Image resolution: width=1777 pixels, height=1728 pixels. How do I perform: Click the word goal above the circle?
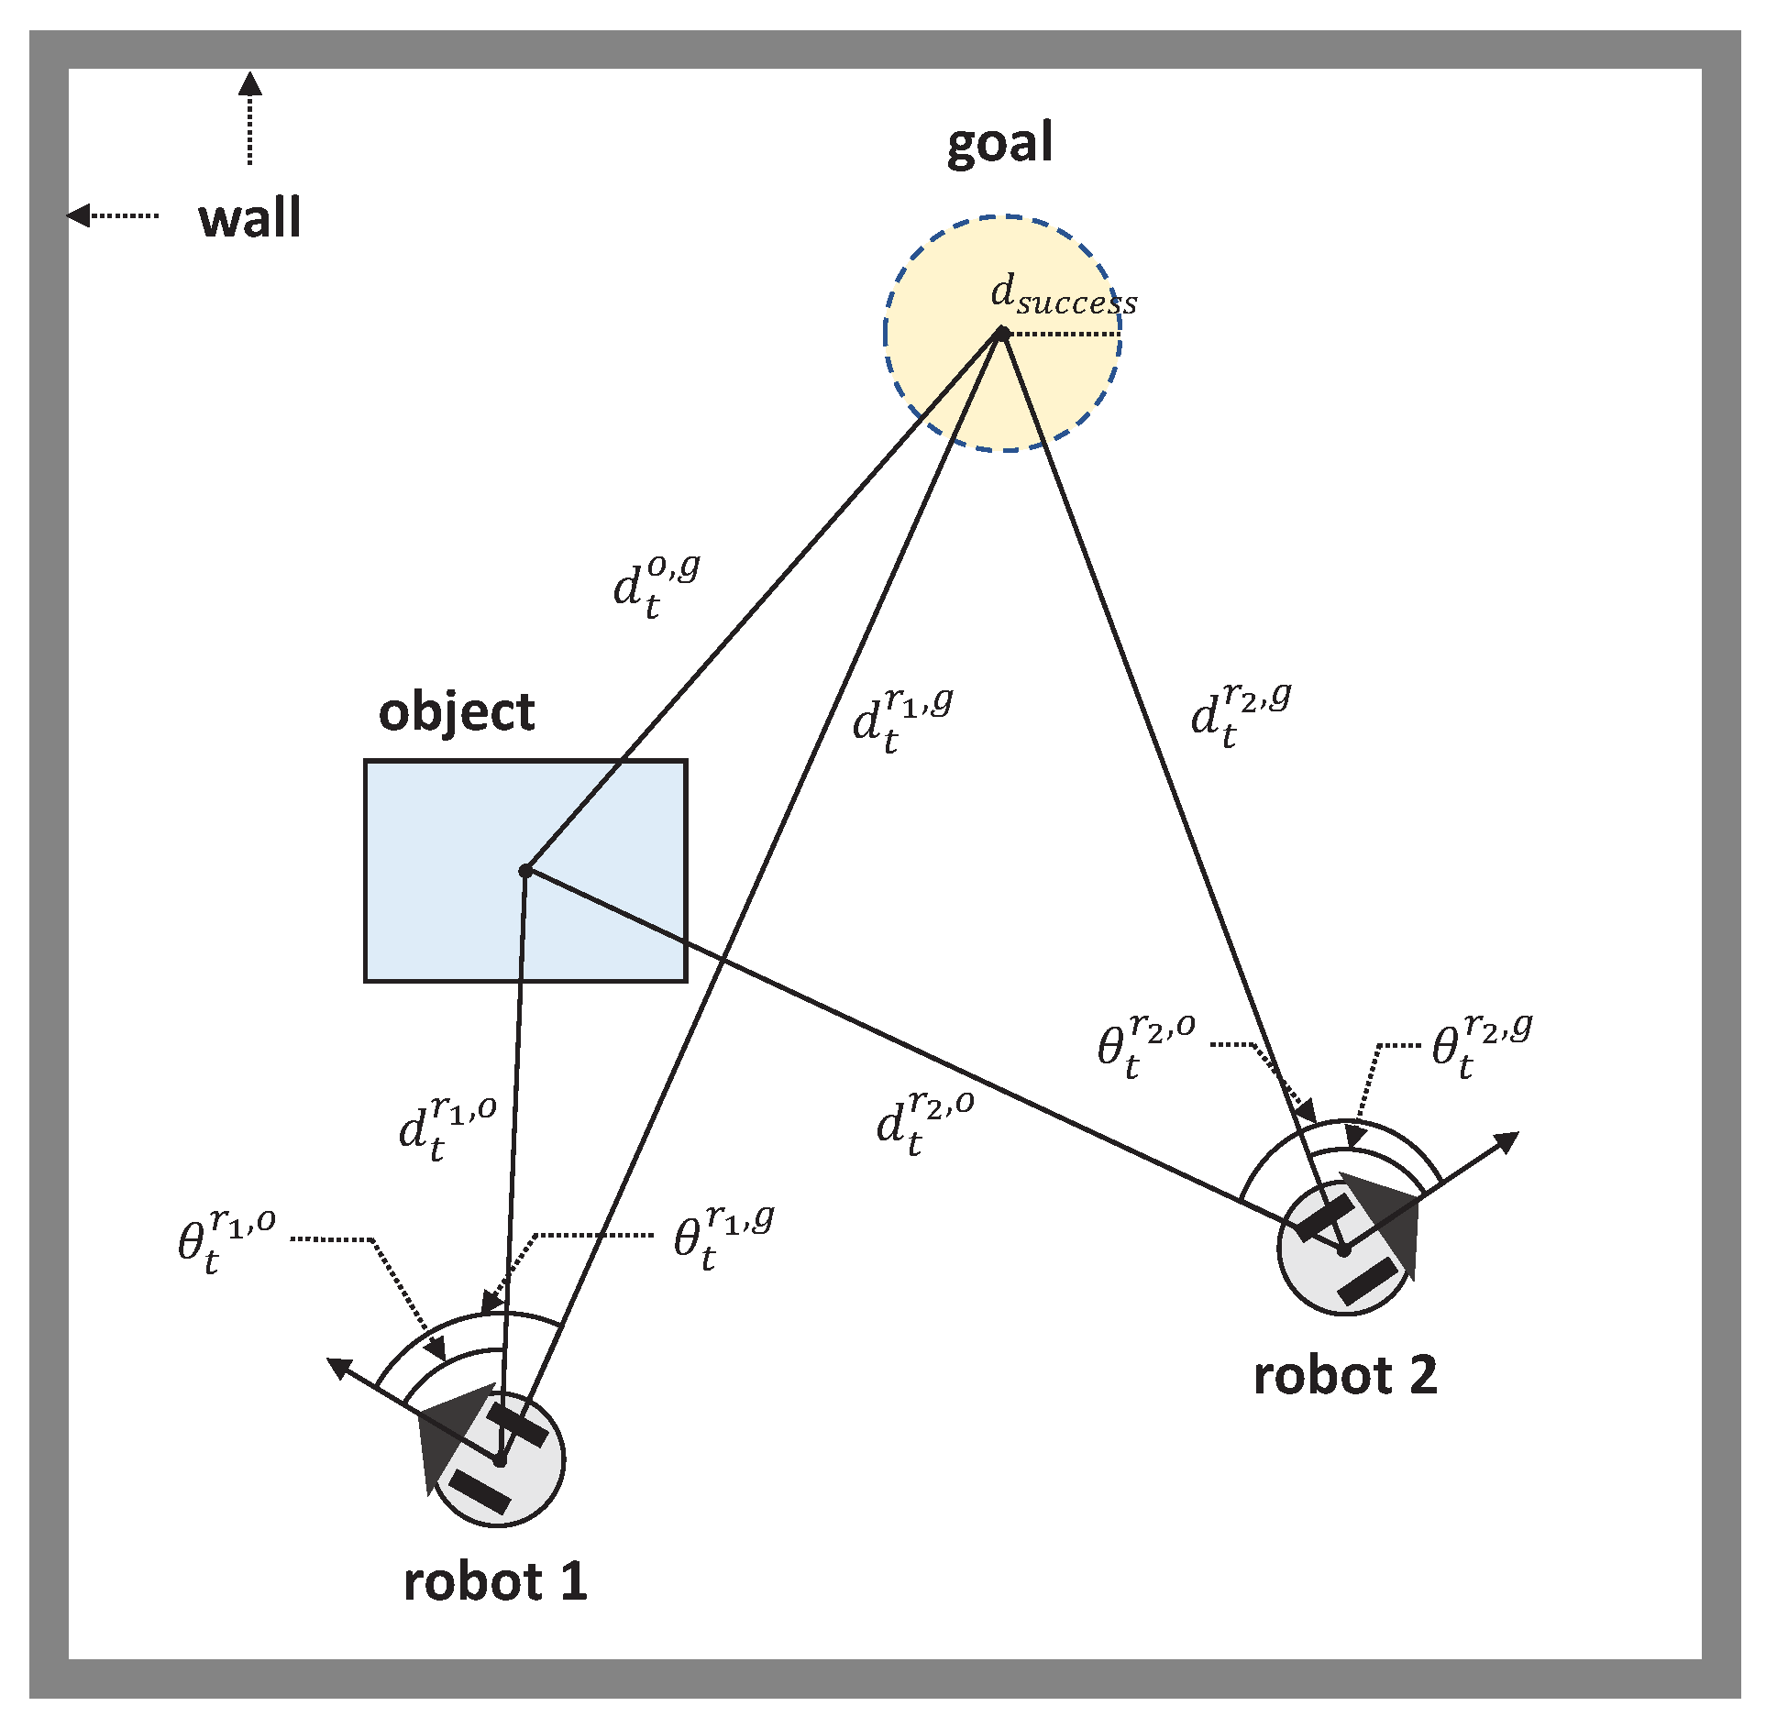pos(999,145)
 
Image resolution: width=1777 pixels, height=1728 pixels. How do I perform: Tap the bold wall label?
pos(249,218)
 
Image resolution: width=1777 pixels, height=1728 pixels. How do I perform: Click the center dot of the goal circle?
pos(1002,334)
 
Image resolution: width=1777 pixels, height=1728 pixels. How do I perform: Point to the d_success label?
pos(1064,296)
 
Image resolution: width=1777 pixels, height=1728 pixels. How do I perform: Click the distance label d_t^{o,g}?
pos(655,587)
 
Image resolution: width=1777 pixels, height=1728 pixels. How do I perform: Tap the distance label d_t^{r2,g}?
pos(1240,715)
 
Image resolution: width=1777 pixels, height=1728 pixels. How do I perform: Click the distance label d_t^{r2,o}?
pos(924,1124)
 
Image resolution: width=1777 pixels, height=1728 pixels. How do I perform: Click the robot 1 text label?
pos(495,1582)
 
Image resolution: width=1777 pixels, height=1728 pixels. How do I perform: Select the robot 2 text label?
pos(1344,1376)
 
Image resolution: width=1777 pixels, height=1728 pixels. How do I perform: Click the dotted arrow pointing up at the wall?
pos(249,119)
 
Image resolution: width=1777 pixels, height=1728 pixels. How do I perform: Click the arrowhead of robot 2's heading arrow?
pos(1506,1142)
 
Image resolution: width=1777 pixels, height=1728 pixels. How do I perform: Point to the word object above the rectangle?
pos(456,713)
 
